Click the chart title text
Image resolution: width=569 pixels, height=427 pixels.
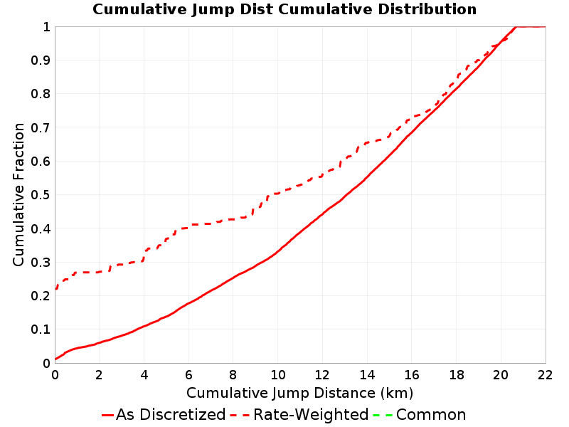tap(284, 9)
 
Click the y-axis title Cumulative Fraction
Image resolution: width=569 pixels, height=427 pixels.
tap(18, 194)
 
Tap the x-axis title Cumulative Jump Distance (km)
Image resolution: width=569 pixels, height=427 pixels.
tap(299, 394)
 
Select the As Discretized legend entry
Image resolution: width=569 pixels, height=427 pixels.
tap(164, 415)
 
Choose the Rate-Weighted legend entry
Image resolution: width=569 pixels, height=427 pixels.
tap(299, 415)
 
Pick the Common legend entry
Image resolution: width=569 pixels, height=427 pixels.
tap(419, 415)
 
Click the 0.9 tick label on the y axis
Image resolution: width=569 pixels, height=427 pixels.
tap(41, 60)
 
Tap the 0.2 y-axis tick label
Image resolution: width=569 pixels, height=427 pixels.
tap(41, 296)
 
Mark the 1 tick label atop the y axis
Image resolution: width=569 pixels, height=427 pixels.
tap(46, 27)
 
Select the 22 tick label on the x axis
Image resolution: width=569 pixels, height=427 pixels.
tap(545, 375)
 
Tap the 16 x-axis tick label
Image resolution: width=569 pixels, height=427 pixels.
tap(412, 375)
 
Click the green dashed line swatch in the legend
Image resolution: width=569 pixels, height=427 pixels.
tap(383, 415)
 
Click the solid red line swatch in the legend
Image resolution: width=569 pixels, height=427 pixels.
tap(108, 415)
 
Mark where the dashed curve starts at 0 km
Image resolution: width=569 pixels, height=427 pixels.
tap(55, 290)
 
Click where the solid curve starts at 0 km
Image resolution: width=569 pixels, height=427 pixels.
tap(55, 359)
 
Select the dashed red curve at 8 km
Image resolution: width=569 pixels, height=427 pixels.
tap(233, 219)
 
